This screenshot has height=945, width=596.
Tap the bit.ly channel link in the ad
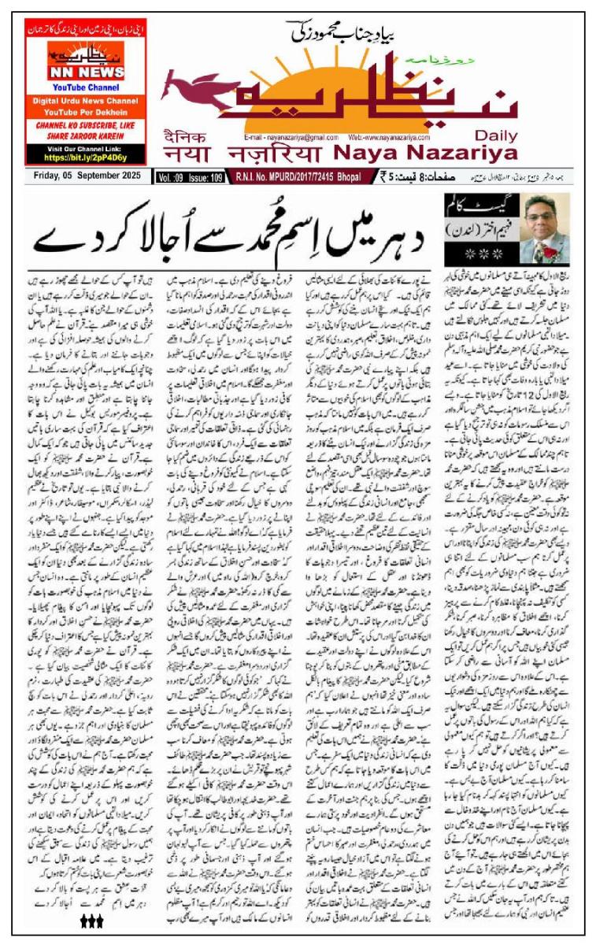[84, 157]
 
